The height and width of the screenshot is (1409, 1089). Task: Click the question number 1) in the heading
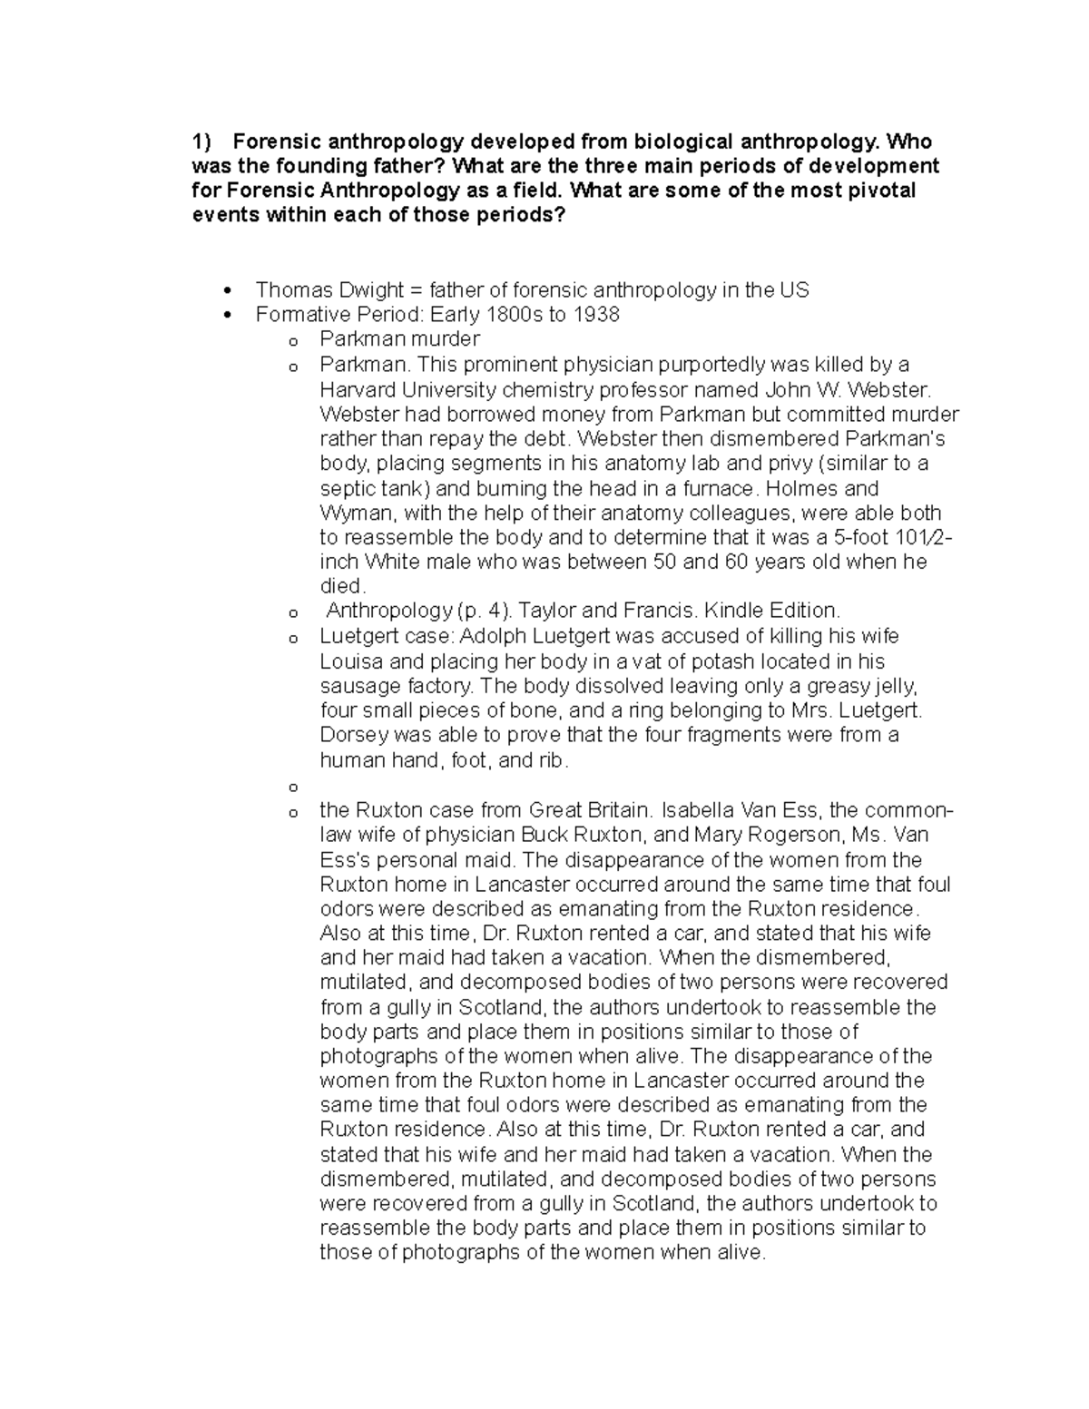201,142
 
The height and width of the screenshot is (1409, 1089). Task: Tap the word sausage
358,686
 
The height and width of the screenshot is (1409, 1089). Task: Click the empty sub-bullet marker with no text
292,787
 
